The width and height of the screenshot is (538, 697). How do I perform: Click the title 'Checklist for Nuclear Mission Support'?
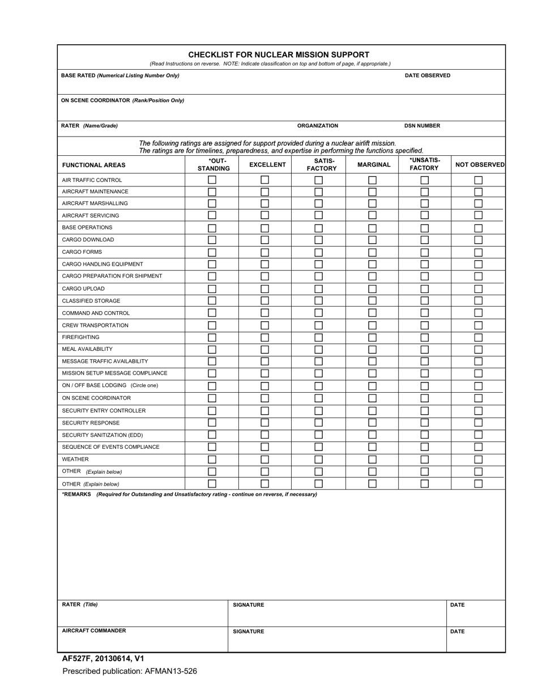tap(279, 54)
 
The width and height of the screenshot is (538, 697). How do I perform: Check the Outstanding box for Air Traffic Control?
tap(212, 180)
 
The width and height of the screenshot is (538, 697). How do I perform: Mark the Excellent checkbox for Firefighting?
tap(264, 337)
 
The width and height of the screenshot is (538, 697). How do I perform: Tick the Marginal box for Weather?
tap(372, 460)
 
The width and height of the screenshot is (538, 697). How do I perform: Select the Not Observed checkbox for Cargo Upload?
tap(478, 289)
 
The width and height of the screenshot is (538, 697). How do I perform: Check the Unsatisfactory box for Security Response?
tap(424, 423)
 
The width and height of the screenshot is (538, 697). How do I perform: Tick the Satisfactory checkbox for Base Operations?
tap(318, 228)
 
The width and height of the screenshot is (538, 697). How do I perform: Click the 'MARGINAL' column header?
tap(374, 165)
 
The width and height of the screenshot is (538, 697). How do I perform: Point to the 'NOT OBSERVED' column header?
tap(480, 165)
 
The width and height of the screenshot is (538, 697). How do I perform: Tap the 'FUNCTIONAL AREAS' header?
tap(93, 165)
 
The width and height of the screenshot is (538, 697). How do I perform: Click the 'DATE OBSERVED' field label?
tap(428, 75)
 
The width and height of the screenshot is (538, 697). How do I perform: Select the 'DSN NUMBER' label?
tap(422, 126)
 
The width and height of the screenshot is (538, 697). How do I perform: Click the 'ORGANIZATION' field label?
tap(318, 126)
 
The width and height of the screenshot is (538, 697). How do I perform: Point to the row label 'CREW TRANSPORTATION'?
tap(95, 325)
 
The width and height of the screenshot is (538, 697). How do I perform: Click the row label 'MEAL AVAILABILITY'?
tap(87, 349)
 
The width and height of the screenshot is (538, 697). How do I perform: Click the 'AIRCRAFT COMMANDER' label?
tap(94, 631)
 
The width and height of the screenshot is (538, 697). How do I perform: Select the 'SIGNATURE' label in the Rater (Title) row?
tap(249, 605)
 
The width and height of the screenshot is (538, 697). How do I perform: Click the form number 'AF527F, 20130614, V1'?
tap(103, 658)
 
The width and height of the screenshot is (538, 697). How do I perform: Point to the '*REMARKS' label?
tap(76, 494)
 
